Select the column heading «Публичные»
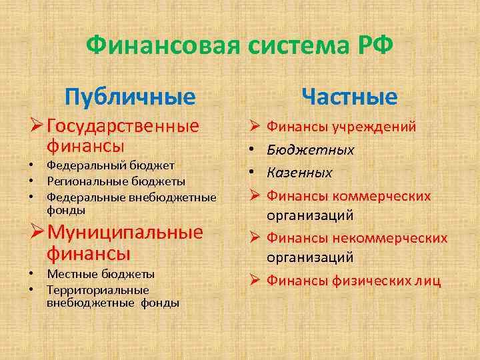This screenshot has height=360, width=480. [130, 97]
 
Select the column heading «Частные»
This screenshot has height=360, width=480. [349, 97]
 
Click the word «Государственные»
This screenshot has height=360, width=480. [123, 126]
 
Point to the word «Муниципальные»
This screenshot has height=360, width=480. [125, 233]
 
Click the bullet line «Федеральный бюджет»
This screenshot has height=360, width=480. [111, 165]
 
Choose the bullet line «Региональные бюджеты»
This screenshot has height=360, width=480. [116, 181]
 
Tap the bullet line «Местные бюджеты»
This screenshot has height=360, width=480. [101, 273]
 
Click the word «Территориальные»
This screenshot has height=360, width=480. [97, 289]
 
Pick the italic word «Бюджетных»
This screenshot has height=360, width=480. [311, 149]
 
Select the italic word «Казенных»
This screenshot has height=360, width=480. [299, 173]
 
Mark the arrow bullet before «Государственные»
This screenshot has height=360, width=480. [38, 126]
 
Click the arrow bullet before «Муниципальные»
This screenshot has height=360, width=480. [38, 233]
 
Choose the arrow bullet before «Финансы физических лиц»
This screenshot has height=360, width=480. [254, 281]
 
